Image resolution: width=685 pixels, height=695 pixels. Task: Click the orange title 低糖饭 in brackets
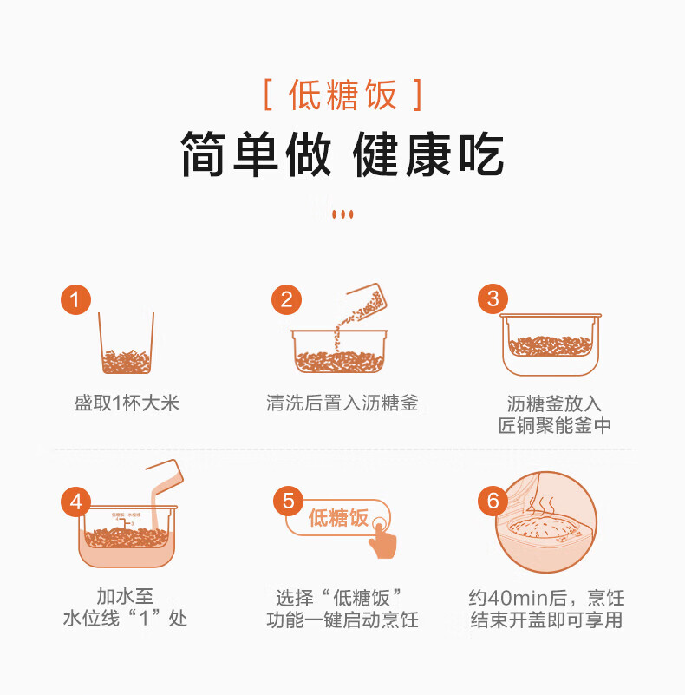(x=342, y=95)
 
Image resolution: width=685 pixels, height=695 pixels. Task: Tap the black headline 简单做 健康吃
(x=342, y=154)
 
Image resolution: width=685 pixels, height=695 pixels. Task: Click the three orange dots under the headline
(x=342, y=214)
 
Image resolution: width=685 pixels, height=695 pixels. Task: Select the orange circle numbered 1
(x=75, y=299)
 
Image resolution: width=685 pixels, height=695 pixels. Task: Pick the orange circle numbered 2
(x=287, y=299)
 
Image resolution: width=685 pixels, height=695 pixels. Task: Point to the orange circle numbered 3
(x=493, y=298)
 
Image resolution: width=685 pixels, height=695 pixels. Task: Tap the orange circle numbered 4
(x=75, y=502)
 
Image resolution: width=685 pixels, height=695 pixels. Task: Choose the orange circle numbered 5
(x=289, y=502)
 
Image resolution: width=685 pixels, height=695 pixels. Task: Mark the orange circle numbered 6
(x=493, y=501)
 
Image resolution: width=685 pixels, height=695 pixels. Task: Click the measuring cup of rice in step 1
(x=127, y=343)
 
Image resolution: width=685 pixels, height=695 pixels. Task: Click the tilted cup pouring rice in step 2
(x=367, y=301)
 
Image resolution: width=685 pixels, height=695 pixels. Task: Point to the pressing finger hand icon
(x=382, y=538)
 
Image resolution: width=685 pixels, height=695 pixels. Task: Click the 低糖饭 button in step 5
(x=338, y=518)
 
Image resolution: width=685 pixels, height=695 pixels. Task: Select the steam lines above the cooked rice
(x=540, y=506)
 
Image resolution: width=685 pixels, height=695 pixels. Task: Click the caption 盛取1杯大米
(x=127, y=403)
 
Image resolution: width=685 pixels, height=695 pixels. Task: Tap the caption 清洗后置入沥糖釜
(x=342, y=403)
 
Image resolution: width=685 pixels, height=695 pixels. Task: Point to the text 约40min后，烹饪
(x=547, y=598)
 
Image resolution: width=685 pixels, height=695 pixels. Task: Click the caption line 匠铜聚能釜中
(x=555, y=425)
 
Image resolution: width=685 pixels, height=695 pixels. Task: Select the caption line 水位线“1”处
(x=125, y=619)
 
